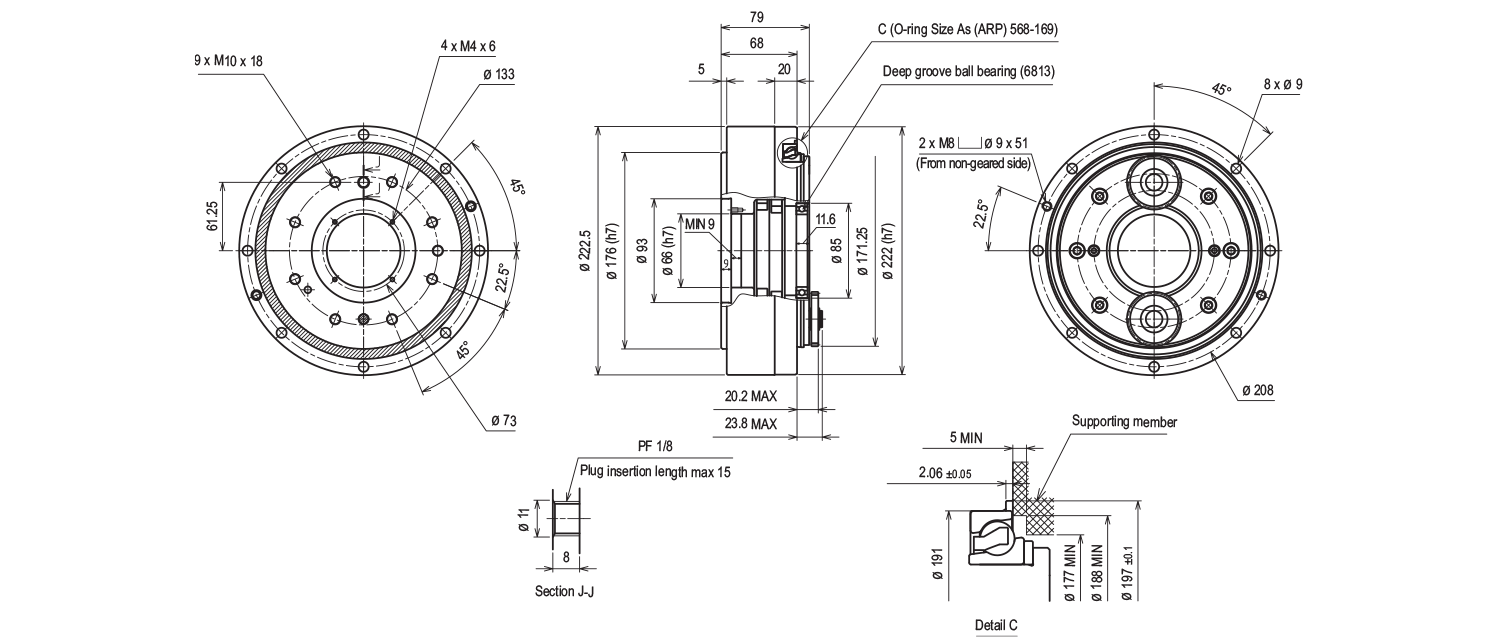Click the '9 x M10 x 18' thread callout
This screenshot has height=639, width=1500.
[228, 61]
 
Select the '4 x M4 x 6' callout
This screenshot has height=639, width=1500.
[468, 46]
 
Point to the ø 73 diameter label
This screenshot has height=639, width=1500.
[503, 420]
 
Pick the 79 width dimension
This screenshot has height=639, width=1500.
[758, 16]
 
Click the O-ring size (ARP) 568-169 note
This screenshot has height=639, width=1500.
[967, 30]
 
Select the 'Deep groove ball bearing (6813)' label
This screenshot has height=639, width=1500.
[968, 71]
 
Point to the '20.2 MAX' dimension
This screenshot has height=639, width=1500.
[750, 396]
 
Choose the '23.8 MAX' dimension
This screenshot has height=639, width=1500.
[750, 424]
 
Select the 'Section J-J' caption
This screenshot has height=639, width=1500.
[565, 591]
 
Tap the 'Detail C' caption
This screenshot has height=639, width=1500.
[996, 625]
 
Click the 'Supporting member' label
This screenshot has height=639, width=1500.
[1124, 422]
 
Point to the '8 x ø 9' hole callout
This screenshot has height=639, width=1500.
[1282, 85]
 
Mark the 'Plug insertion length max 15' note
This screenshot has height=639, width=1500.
[655, 471]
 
